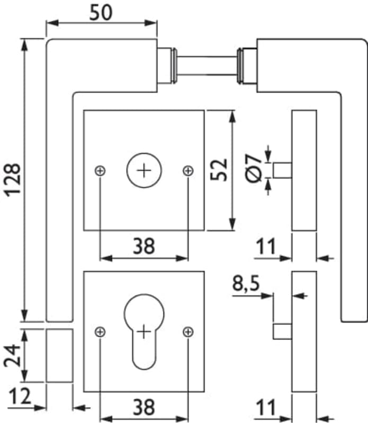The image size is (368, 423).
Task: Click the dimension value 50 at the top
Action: tap(101, 12)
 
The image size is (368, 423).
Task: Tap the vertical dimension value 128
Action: tap(13, 179)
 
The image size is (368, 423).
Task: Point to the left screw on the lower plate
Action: tap(100, 332)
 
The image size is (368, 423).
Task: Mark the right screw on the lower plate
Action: tap(187, 332)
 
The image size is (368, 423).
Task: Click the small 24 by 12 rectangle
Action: tap(59, 355)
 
